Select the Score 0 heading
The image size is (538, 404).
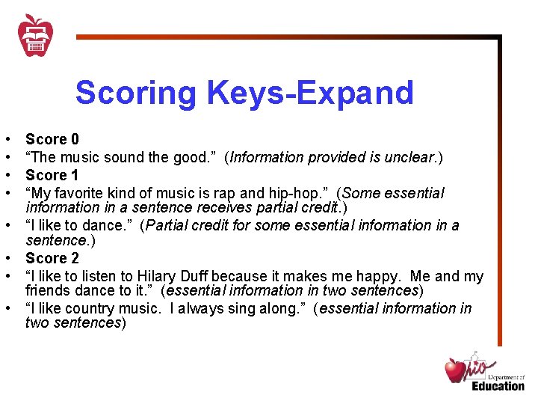click(52, 139)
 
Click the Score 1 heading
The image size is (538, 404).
click(52, 175)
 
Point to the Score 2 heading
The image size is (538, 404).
click(52, 258)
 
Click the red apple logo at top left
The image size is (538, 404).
click(35, 34)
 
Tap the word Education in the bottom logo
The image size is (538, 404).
click(498, 385)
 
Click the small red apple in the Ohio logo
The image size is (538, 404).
click(455, 370)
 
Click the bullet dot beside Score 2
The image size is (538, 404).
click(7, 259)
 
